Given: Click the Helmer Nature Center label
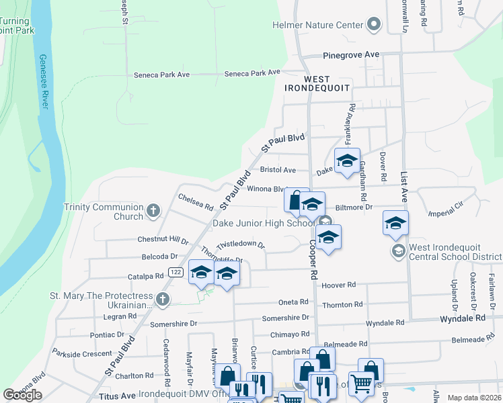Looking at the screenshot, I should pyautogui.click(x=317, y=26).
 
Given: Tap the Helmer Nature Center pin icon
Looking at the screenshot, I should pyautogui.click(x=374, y=26).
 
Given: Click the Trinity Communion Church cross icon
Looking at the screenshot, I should pyautogui.click(x=153, y=212).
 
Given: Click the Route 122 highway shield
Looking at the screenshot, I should pyautogui.click(x=176, y=272).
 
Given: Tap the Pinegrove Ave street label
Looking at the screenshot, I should pyautogui.click(x=351, y=54).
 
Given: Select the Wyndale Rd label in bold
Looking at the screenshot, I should pyautogui.click(x=463, y=318).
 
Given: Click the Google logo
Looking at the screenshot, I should pyautogui.click(x=22, y=395).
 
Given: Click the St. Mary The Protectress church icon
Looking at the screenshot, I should pyautogui.click(x=162, y=300).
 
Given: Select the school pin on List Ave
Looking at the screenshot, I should pyautogui.click(x=396, y=223).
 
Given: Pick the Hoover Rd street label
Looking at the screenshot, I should pyautogui.click(x=338, y=285).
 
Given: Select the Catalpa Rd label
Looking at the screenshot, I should pyautogui.click(x=146, y=276).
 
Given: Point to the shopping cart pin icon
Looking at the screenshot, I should pyautogui.click(x=362, y=384).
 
